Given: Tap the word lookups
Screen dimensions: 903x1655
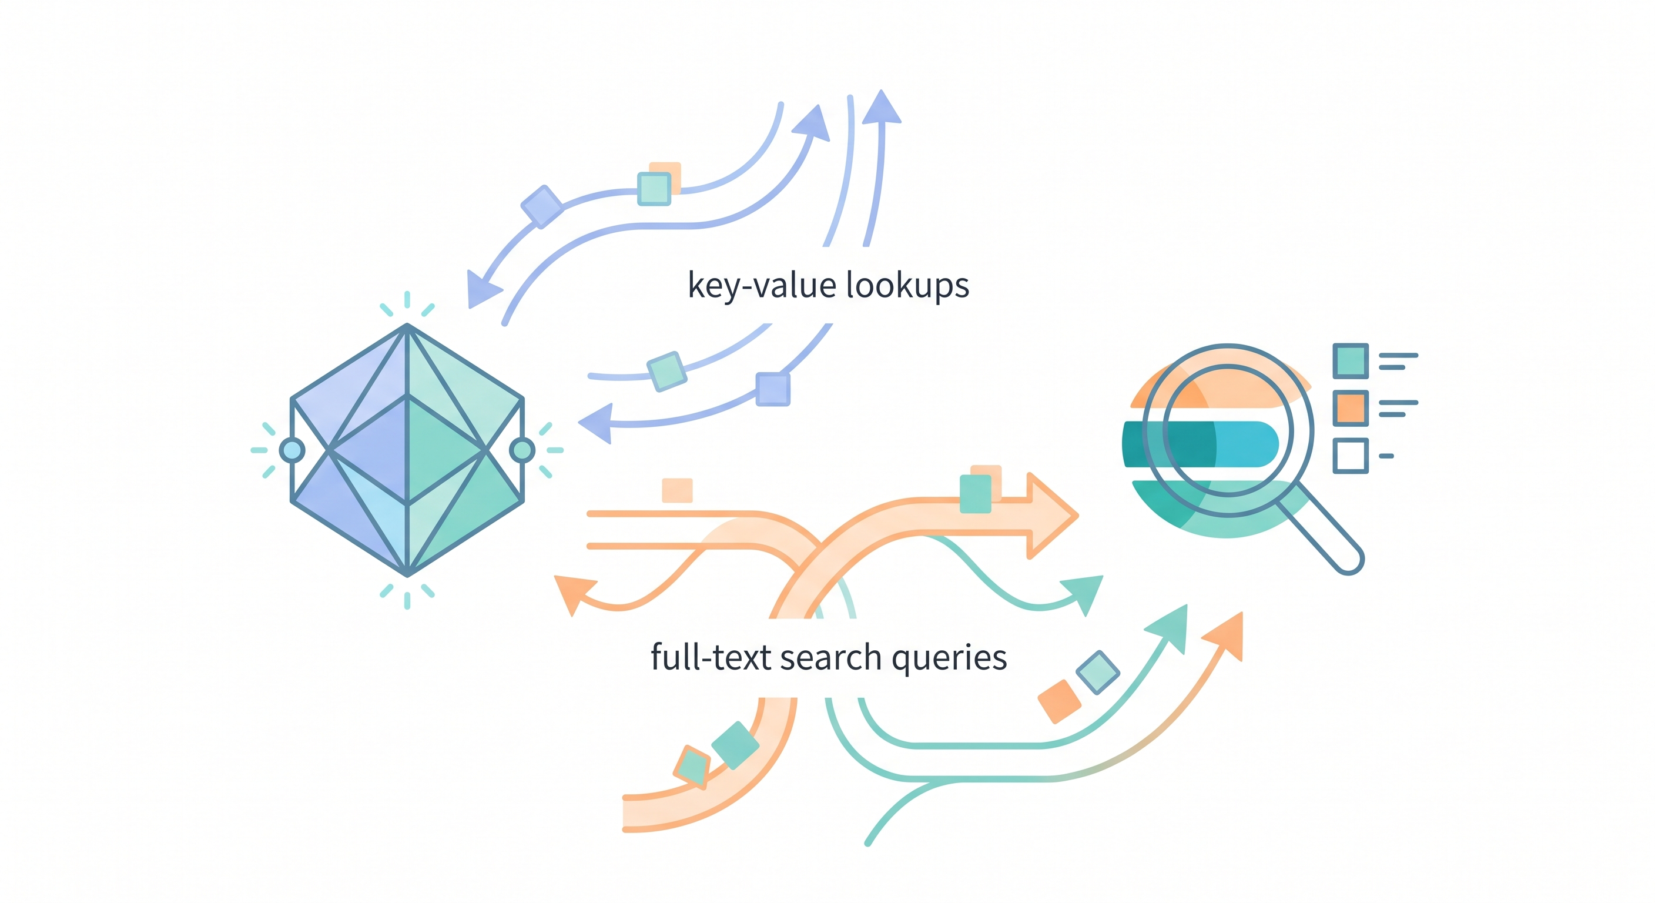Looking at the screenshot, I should tap(907, 285).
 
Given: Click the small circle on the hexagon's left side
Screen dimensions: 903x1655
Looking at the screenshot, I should tap(292, 450).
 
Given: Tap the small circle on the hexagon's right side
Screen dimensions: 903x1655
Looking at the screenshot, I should tap(522, 450).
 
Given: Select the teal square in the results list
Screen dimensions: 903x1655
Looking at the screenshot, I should tap(1350, 360).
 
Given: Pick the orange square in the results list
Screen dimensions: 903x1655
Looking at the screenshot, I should tap(1350, 408).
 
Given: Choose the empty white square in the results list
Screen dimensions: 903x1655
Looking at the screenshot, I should tap(1350, 456).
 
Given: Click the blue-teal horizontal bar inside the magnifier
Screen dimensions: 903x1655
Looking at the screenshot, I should tap(1201, 444).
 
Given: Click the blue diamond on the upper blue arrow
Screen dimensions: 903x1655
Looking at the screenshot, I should tap(542, 206).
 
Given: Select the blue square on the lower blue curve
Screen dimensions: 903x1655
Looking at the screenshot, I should tap(772, 389).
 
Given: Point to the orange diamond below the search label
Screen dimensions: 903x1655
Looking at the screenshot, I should tap(1060, 701).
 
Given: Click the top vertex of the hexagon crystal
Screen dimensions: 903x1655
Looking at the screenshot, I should tap(407, 326).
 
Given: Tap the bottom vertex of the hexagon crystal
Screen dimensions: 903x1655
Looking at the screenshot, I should tap(407, 574).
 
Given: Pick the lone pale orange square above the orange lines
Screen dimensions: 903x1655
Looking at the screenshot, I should tap(677, 490).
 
